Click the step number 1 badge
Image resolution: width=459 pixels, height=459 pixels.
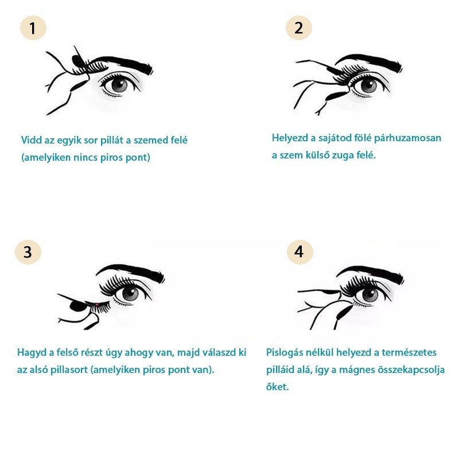(x=33, y=28)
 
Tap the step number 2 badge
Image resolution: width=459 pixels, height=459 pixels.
(x=298, y=28)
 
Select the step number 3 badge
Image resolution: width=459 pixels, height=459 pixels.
(x=28, y=252)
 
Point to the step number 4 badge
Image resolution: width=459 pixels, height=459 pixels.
(x=299, y=252)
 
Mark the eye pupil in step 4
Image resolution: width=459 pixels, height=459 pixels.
(x=369, y=295)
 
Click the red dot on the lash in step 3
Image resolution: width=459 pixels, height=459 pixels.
(x=97, y=305)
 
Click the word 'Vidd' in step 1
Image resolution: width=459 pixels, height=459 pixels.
(x=32, y=140)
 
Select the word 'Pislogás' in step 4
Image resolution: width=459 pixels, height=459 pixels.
(x=284, y=353)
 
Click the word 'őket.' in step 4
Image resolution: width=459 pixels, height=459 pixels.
(x=277, y=387)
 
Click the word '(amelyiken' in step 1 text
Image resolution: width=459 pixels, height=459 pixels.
(x=46, y=158)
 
